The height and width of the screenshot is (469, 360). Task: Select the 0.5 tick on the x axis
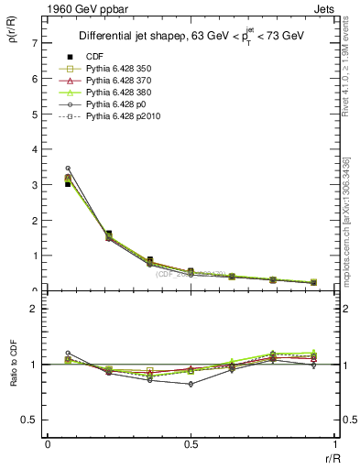[x=191, y=444]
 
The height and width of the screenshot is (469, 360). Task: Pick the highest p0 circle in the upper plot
[x=68, y=169]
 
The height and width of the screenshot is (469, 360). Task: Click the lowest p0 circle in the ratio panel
[x=191, y=384]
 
